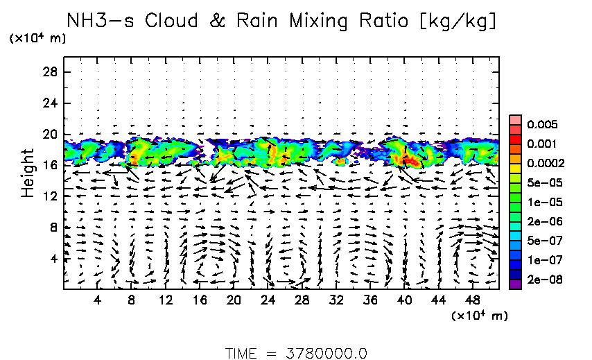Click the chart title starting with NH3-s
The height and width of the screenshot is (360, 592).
click(281, 22)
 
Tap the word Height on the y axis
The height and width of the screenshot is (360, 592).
click(28, 172)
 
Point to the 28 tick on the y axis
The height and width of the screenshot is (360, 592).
click(51, 72)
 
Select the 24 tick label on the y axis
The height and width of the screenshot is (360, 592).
click(51, 103)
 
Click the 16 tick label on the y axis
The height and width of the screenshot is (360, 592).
click(51, 165)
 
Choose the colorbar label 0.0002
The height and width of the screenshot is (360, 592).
click(546, 164)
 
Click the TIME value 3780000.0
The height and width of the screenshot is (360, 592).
click(325, 353)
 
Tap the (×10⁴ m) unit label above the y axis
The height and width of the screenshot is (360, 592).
click(37, 39)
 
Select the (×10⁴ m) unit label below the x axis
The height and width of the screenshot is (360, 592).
click(479, 316)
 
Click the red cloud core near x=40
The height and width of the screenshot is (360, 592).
click(410, 160)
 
